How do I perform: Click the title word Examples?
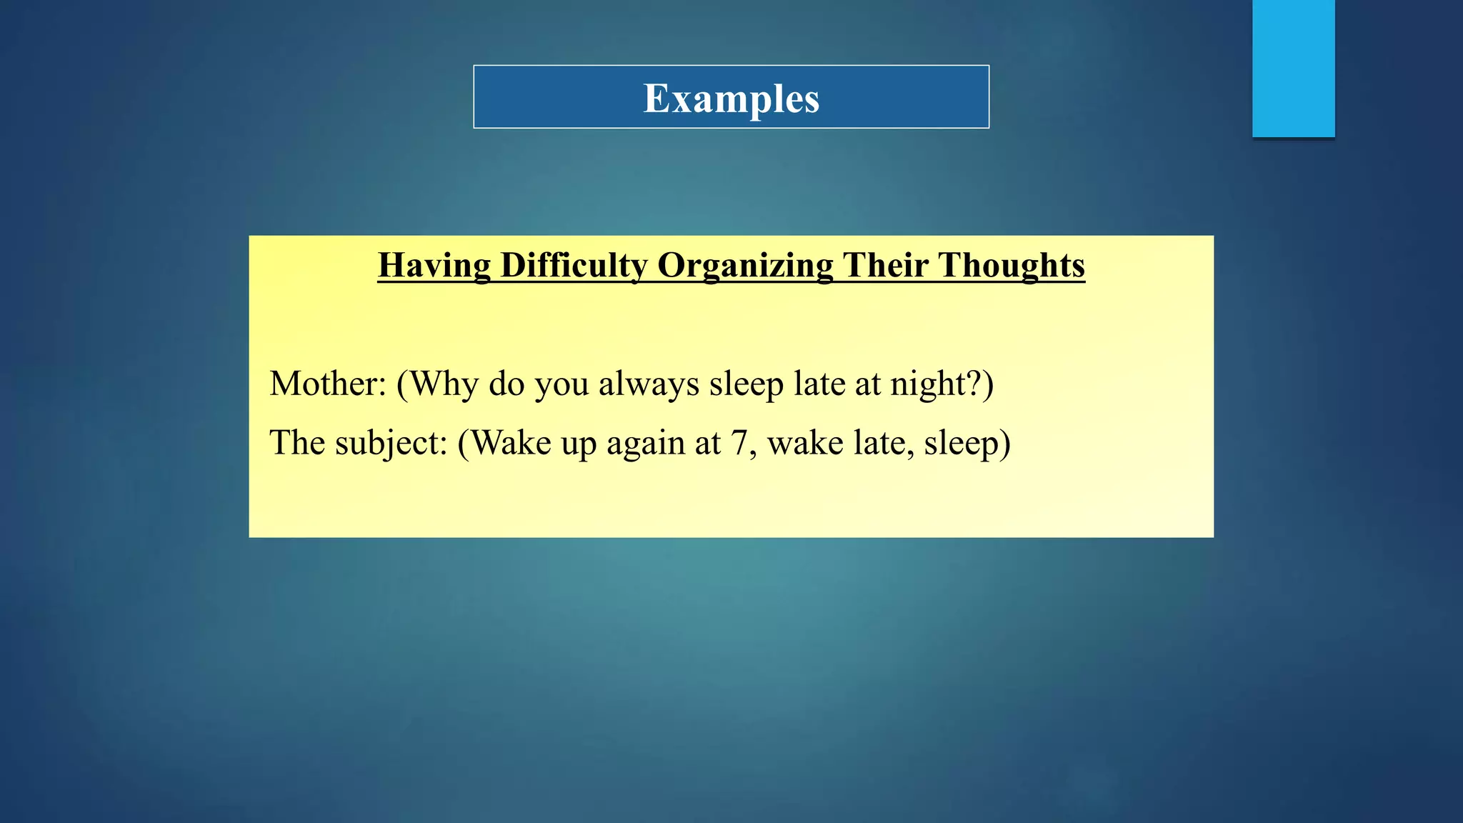[x=731, y=99]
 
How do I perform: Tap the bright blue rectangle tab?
[x=1293, y=68]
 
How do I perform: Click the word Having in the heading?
[x=434, y=266]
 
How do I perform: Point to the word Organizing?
[x=745, y=266]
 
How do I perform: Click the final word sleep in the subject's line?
[x=961, y=444]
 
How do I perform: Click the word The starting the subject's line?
[x=297, y=444]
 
